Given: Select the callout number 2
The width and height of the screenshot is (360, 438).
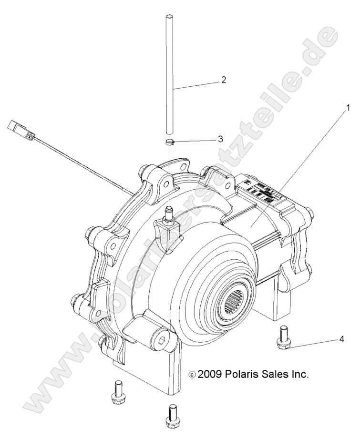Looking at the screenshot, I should (x=223, y=80).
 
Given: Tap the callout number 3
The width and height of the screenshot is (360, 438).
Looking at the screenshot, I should (x=219, y=139).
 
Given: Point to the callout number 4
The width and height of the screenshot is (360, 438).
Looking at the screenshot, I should (x=341, y=340).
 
